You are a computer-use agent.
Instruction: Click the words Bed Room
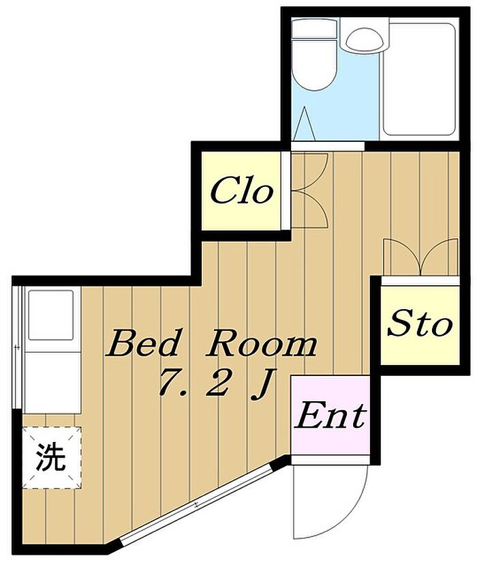pos(211,343)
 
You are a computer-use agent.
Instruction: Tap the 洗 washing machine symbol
pos(51,457)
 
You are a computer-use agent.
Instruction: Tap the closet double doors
pos(309,190)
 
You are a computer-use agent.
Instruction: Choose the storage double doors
pos(421,257)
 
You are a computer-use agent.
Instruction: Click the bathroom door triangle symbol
pos(305,123)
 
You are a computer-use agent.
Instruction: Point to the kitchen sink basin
pos(51,315)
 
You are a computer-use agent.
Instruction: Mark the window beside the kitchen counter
pos(17,348)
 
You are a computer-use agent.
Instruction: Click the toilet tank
pos(314,29)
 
